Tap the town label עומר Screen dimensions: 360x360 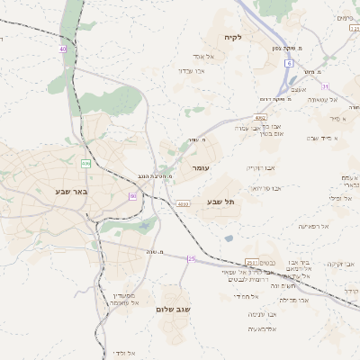click(x=199, y=168)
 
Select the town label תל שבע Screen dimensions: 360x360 click(x=220, y=202)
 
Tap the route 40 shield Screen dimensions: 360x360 click(x=62, y=49)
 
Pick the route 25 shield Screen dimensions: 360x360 click(x=191, y=258)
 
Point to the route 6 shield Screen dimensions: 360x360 click(x=288, y=64)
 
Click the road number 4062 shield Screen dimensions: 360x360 click(x=259, y=117)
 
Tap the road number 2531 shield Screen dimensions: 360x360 click(x=251, y=262)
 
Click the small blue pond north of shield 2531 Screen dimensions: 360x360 click(x=229, y=238)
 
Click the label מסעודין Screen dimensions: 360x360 click(x=123, y=295)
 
